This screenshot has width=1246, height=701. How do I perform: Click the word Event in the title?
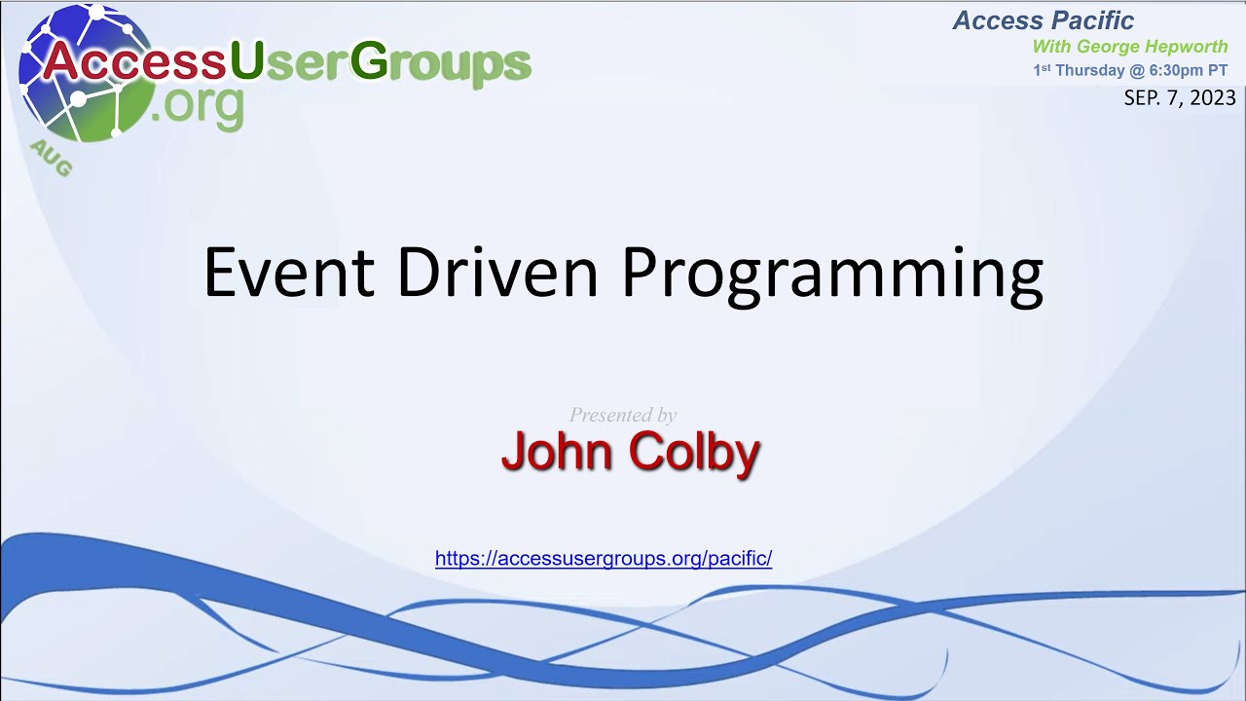[288, 273]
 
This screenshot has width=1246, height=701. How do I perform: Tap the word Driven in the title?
[496, 273]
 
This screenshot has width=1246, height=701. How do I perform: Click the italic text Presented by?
[623, 415]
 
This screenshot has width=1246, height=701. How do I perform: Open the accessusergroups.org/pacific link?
[604, 559]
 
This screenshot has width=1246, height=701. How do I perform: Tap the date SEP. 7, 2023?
[1180, 98]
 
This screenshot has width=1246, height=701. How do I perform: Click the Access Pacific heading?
[1044, 20]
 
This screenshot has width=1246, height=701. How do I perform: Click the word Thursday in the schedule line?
[1090, 70]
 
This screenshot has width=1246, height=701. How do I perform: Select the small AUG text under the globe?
[51, 159]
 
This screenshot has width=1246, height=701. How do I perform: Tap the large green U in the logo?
[245, 62]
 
